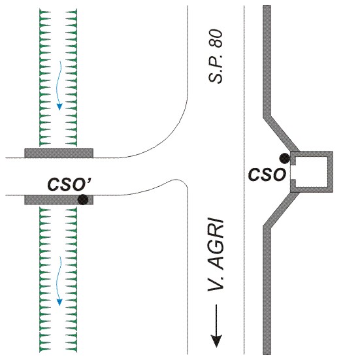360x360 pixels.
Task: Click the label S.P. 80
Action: tap(216, 56)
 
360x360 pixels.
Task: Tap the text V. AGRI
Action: tap(216, 255)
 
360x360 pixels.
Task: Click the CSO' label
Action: tap(69, 184)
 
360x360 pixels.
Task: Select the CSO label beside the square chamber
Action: tap(267, 174)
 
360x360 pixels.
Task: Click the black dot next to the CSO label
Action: tap(284, 158)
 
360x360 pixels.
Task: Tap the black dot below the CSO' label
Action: tap(83, 199)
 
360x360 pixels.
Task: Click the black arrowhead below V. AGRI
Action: tap(216, 341)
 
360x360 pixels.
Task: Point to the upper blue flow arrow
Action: tap(59, 86)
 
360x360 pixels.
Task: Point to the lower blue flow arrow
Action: tap(59, 281)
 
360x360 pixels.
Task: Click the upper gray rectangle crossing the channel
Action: tap(59, 153)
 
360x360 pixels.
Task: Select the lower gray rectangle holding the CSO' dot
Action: tap(59, 200)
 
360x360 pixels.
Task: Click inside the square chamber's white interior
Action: tap(311, 171)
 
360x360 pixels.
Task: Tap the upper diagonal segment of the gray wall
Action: tap(281, 133)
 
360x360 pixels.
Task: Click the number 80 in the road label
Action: tap(216, 38)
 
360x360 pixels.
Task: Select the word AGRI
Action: tap(216, 244)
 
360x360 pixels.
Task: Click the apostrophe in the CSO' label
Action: tap(89, 180)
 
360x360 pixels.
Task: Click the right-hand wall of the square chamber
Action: tap(330, 172)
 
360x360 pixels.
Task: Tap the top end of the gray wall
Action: tap(267, 6)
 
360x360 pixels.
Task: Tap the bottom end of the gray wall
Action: tap(267, 353)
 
